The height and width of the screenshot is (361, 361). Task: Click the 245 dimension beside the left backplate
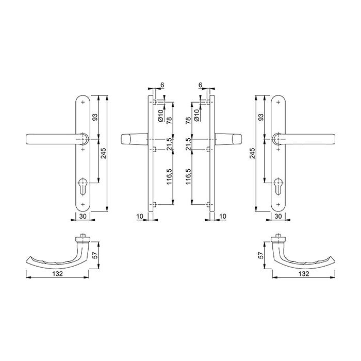tap(103, 153)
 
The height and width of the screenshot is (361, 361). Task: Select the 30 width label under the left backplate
tap(84, 217)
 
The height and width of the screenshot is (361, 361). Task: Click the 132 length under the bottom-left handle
tap(57, 273)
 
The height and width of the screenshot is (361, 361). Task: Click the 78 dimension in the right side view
tap(189, 121)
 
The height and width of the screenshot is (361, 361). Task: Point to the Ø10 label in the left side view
tap(161, 115)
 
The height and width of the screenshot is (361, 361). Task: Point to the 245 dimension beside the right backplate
tap(253, 153)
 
